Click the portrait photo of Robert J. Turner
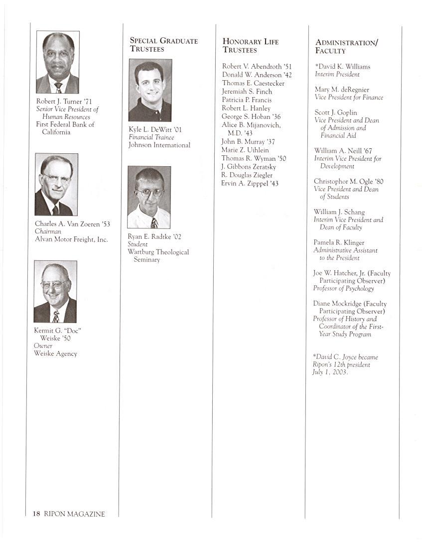coord(58,62)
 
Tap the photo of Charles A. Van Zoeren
coord(56,184)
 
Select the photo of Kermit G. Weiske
coord(55,292)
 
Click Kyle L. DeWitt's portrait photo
coord(150,90)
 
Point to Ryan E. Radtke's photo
coord(149,197)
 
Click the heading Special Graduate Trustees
coord(163,45)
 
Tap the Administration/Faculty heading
coord(346,46)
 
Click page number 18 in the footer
coord(36,514)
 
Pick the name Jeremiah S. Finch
coord(247,92)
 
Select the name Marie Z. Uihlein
coord(245,150)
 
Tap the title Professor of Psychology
coord(343,288)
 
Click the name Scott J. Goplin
coord(336,112)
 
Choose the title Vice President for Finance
coord(349,98)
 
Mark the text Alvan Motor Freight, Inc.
coord(71,239)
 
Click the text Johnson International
coord(159,145)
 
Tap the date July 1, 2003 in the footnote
coord(329,372)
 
